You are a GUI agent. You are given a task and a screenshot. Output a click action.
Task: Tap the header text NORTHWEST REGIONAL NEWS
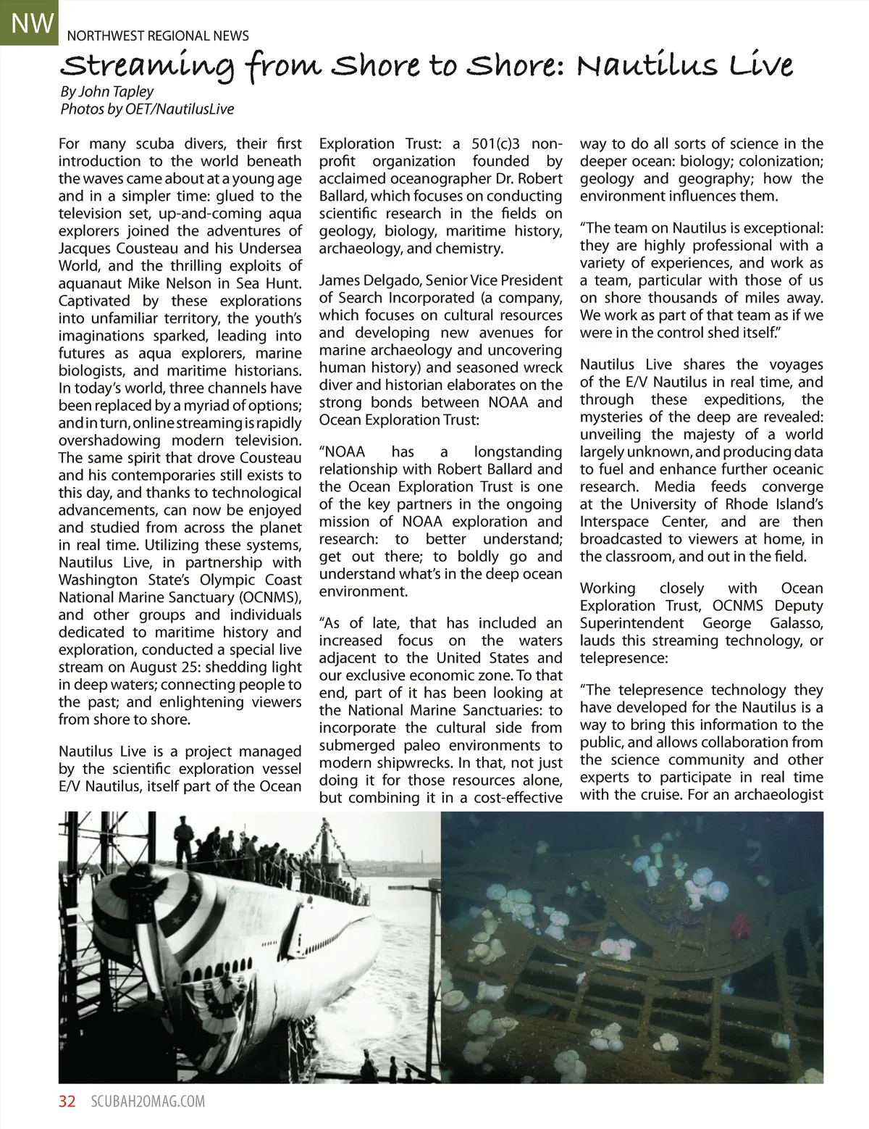click(158, 36)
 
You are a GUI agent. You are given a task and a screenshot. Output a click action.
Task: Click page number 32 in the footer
click(67, 1101)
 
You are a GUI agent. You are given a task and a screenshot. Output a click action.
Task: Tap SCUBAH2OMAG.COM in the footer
click(148, 1101)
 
